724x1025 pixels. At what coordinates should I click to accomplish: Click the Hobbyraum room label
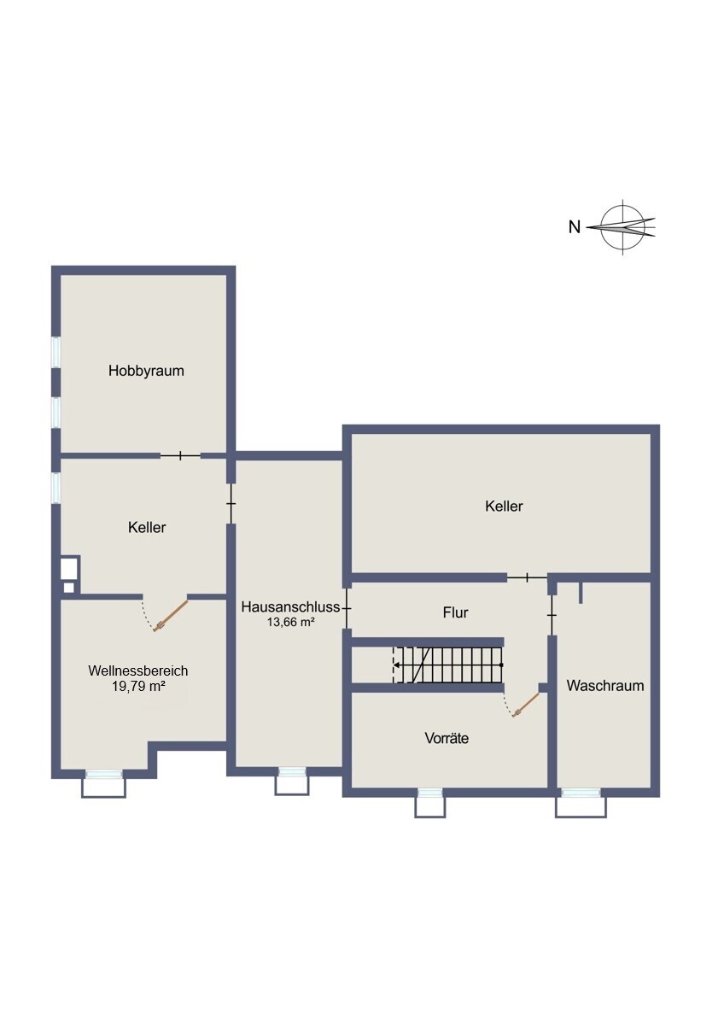point(146,371)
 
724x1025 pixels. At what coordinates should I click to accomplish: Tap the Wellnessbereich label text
point(138,671)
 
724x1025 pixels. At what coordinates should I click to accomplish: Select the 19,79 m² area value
point(138,686)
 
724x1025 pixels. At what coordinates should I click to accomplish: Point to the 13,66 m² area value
point(291,622)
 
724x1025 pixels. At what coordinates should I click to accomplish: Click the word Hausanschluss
point(291,607)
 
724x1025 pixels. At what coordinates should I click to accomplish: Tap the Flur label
point(456,612)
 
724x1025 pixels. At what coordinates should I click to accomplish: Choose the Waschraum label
point(605,685)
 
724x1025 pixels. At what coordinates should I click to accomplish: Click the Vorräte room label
point(447,738)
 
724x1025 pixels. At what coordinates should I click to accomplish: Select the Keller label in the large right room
point(504,506)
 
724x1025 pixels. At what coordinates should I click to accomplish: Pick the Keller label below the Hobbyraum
point(147,527)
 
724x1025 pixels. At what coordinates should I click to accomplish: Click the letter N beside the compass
point(575,226)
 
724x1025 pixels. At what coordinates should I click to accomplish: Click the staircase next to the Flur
point(447,665)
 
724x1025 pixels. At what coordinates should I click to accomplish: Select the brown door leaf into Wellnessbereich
point(171,616)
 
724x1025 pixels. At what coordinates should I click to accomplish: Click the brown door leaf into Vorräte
point(527,705)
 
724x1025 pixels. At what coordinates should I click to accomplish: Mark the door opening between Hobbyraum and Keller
point(180,455)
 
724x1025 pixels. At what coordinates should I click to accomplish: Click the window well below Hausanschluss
point(292,784)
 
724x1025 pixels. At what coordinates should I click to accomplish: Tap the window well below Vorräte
point(430,805)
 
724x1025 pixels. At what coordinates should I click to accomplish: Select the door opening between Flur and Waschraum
point(552,616)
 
